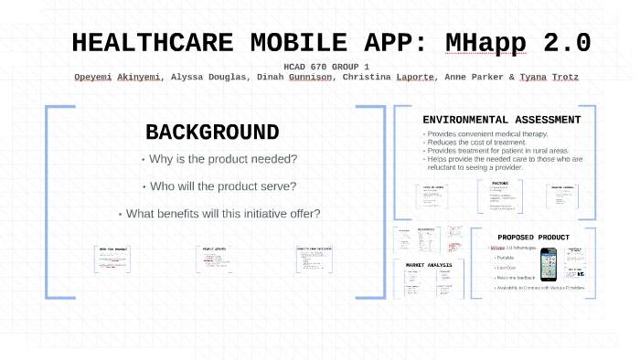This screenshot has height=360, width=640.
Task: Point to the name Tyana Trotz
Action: click(548, 78)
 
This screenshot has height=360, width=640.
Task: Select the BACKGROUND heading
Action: click(212, 132)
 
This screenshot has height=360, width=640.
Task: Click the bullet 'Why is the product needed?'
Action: click(219, 159)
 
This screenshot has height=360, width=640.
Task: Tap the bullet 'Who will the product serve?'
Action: click(219, 186)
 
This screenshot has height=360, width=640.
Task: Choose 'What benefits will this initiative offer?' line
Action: click(219, 214)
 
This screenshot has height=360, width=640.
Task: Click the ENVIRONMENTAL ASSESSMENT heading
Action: click(501, 120)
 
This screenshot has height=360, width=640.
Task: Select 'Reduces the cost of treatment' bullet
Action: click(475, 143)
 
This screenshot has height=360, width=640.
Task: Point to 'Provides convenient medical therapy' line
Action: click(485, 134)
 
